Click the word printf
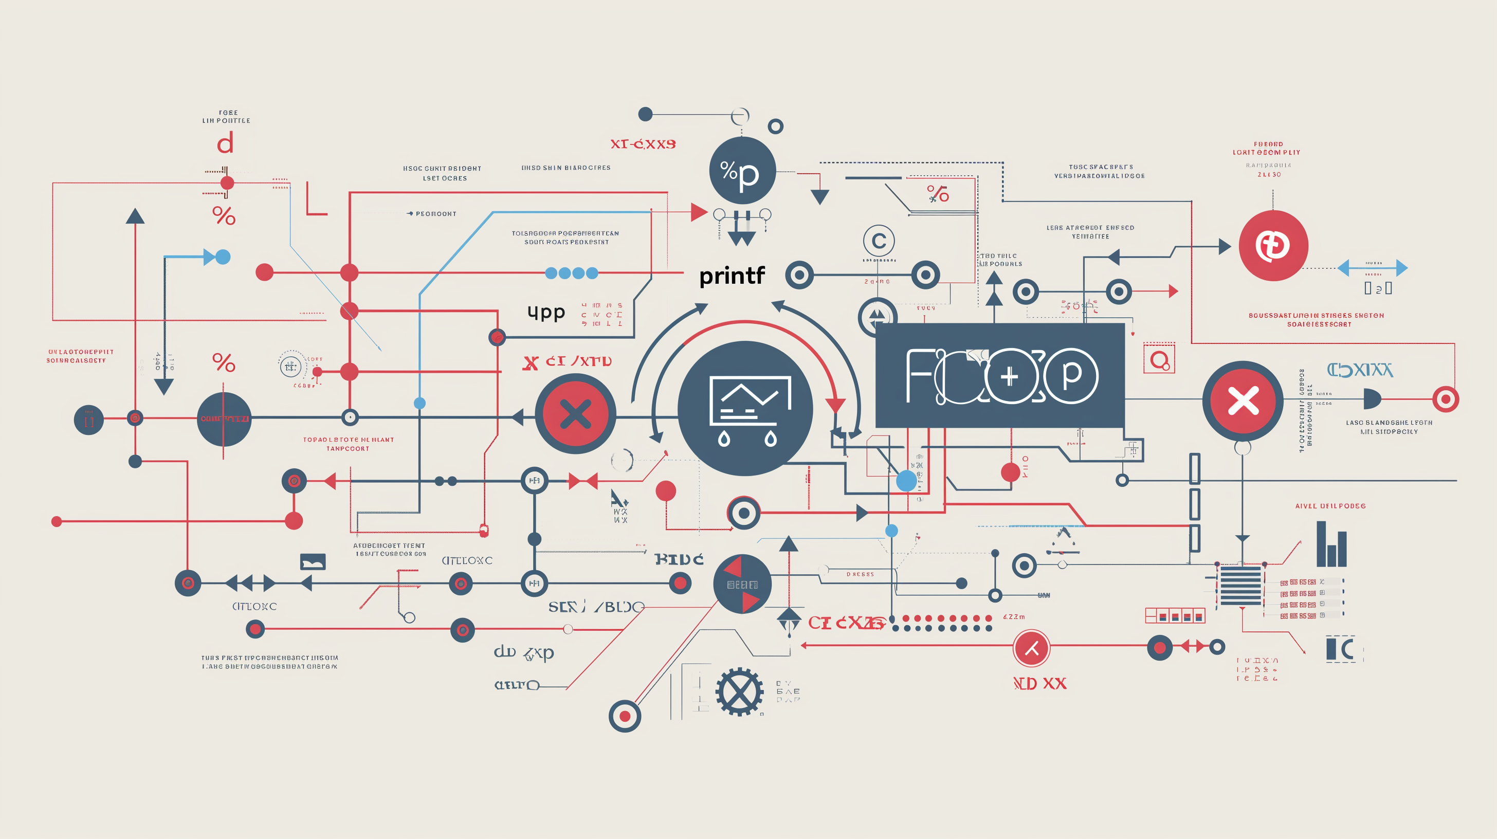732,276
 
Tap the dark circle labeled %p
742,171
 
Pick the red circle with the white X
1243,401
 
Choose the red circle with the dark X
575,414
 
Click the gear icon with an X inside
739,691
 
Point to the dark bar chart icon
1331,544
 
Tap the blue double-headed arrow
1372,268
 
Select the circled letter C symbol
878,241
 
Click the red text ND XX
1039,684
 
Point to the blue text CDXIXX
1359,370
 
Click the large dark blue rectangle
999,375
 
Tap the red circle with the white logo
1273,246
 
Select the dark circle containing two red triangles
742,584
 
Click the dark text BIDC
679,559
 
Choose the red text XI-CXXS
643,144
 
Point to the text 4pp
545,313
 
